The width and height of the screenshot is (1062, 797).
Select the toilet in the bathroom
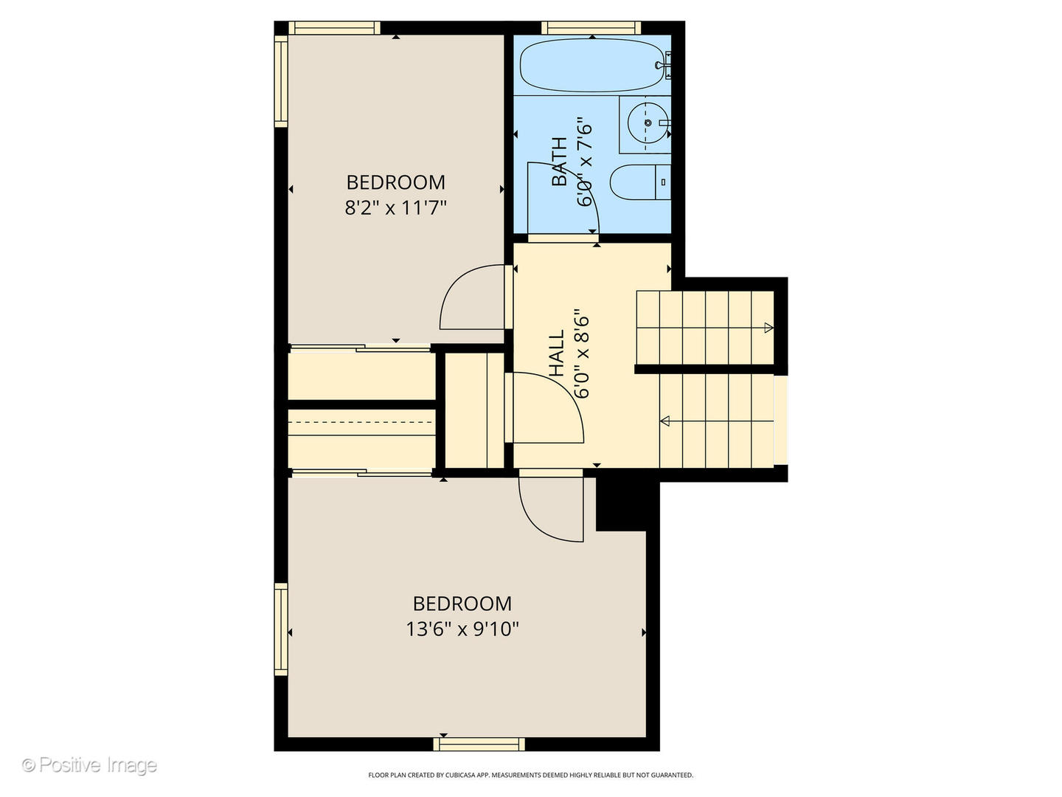click(x=639, y=182)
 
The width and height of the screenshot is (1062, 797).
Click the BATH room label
click(x=560, y=162)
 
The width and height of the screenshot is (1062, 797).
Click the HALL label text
click(x=557, y=353)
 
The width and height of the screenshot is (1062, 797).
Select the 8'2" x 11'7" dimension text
click(x=396, y=207)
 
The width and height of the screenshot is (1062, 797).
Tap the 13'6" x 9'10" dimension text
click(x=462, y=629)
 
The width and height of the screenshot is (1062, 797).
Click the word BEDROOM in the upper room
click(x=396, y=182)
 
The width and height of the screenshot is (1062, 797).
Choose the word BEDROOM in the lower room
click(x=462, y=604)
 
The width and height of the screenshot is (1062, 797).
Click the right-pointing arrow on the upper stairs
click(x=768, y=328)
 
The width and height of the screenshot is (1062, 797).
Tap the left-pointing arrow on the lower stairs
click(x=664, y=421)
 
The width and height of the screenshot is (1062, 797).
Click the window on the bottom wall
click(x=479, y=744)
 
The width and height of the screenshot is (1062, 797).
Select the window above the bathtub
click(x=591, y=28)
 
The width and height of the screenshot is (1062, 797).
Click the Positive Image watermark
click(x=89, y=765)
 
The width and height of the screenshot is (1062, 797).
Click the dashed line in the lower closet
click(x=361, y=422)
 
